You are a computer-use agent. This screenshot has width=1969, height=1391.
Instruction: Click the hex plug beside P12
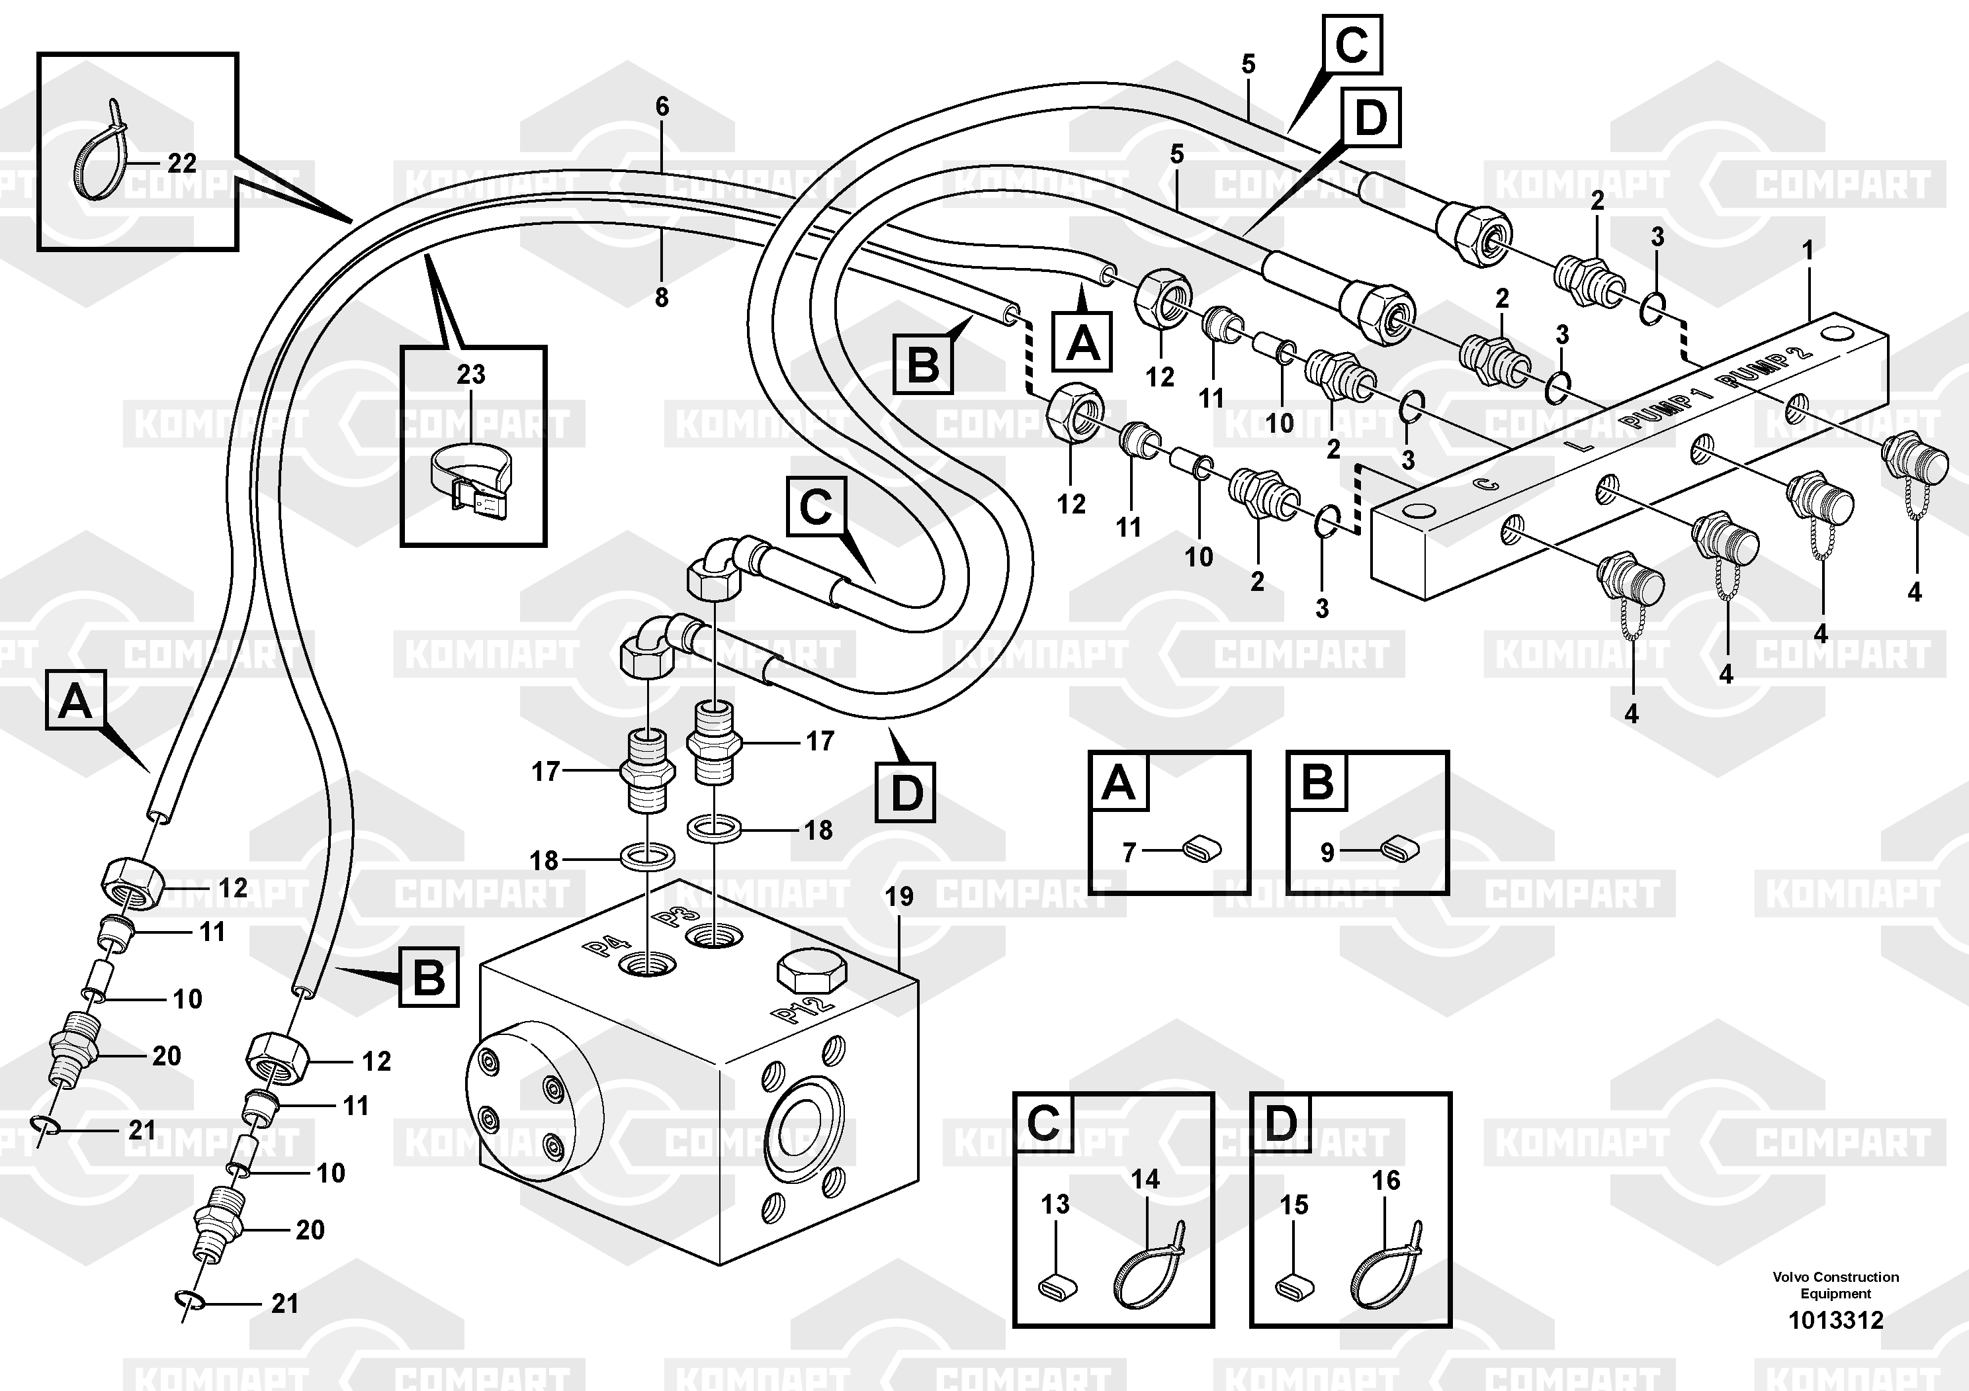click(x=810, y=973)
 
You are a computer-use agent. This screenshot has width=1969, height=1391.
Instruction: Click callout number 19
click(x=898, y=897)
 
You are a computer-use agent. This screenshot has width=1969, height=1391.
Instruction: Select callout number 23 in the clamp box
click(x=471, y=375)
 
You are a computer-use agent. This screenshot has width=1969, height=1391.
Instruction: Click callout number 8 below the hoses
click(x=661, y=298)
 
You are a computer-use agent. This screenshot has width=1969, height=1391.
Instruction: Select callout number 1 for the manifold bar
click(x=1808, y=251)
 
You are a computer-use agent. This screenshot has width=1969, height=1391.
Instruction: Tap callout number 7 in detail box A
click(x=1129, y=852)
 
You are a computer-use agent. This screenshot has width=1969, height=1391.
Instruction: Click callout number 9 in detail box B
click(x=1327, y=852)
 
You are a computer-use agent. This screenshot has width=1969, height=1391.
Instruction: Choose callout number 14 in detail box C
click(x=1145, y=1180)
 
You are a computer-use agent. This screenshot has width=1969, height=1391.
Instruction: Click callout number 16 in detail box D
click(x=1386, y=1181)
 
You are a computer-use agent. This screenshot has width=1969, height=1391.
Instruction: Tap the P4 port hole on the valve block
click(x=648, y=962)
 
